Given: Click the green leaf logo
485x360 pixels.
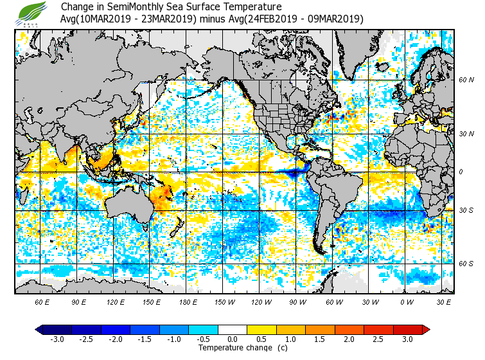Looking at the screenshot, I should coord(30,12).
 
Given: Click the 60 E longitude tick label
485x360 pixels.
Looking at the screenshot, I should coord(42,301).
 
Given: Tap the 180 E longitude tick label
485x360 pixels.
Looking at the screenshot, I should coord(188,301).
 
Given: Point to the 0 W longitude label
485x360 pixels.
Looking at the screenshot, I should coord(407,301).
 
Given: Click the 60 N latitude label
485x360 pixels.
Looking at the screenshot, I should coord(466,80).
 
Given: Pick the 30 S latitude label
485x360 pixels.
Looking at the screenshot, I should coord(466,211).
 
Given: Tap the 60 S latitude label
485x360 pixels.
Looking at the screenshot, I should coord(466,264).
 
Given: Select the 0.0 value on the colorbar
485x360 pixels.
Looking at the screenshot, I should coord(233,339).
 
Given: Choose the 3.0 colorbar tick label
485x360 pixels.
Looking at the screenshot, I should coord(407,339).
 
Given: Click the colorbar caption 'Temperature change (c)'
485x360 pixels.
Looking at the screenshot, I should coord(233,348).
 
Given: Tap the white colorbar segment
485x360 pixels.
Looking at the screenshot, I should coord(233,330).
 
